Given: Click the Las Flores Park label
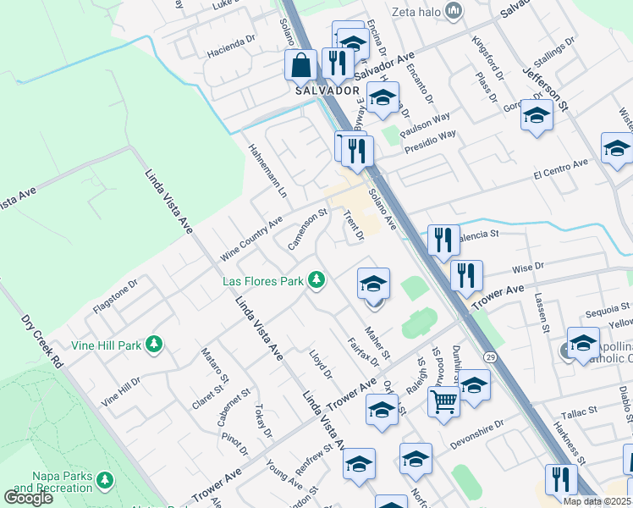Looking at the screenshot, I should tap(262, 280).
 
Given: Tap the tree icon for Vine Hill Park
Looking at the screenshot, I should tap(153, 344).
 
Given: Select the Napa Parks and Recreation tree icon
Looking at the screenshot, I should tap(105, 481).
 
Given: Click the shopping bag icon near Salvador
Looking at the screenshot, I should tap(302, 64).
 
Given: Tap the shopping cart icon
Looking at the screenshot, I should tap(443, 401).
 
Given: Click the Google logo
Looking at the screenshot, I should tap(28, 498).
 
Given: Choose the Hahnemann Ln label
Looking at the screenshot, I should tap(267, 170).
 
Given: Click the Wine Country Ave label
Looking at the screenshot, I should tap(251, 239).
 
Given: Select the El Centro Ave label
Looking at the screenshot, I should tap(560, 169).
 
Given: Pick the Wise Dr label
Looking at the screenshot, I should tap(527, 268).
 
